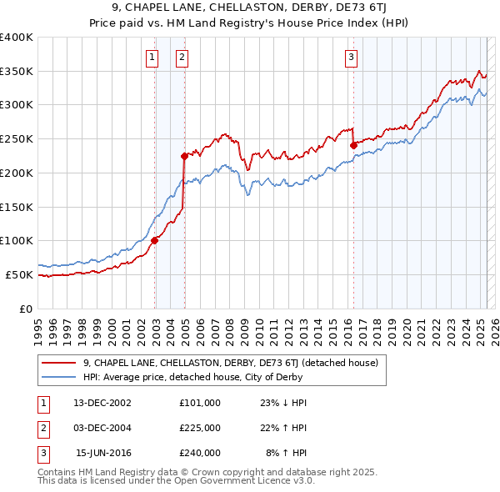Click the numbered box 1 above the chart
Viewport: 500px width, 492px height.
coord(152,58)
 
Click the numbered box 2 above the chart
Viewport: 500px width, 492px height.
coord(182,58)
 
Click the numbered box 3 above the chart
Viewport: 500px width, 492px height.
coord(352,58)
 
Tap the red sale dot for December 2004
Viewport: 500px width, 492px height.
coord(185,156)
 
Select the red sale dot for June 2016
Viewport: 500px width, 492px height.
coord(353,145)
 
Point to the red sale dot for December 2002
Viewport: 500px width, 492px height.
coord(155,240)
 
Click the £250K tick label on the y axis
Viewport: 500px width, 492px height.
coord(17,139)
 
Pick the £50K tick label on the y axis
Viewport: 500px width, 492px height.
coord(20,274)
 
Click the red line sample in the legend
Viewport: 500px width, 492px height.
coord(58,363)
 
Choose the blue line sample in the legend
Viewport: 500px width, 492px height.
coord(58,377)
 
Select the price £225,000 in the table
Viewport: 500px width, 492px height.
coord(200,428)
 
